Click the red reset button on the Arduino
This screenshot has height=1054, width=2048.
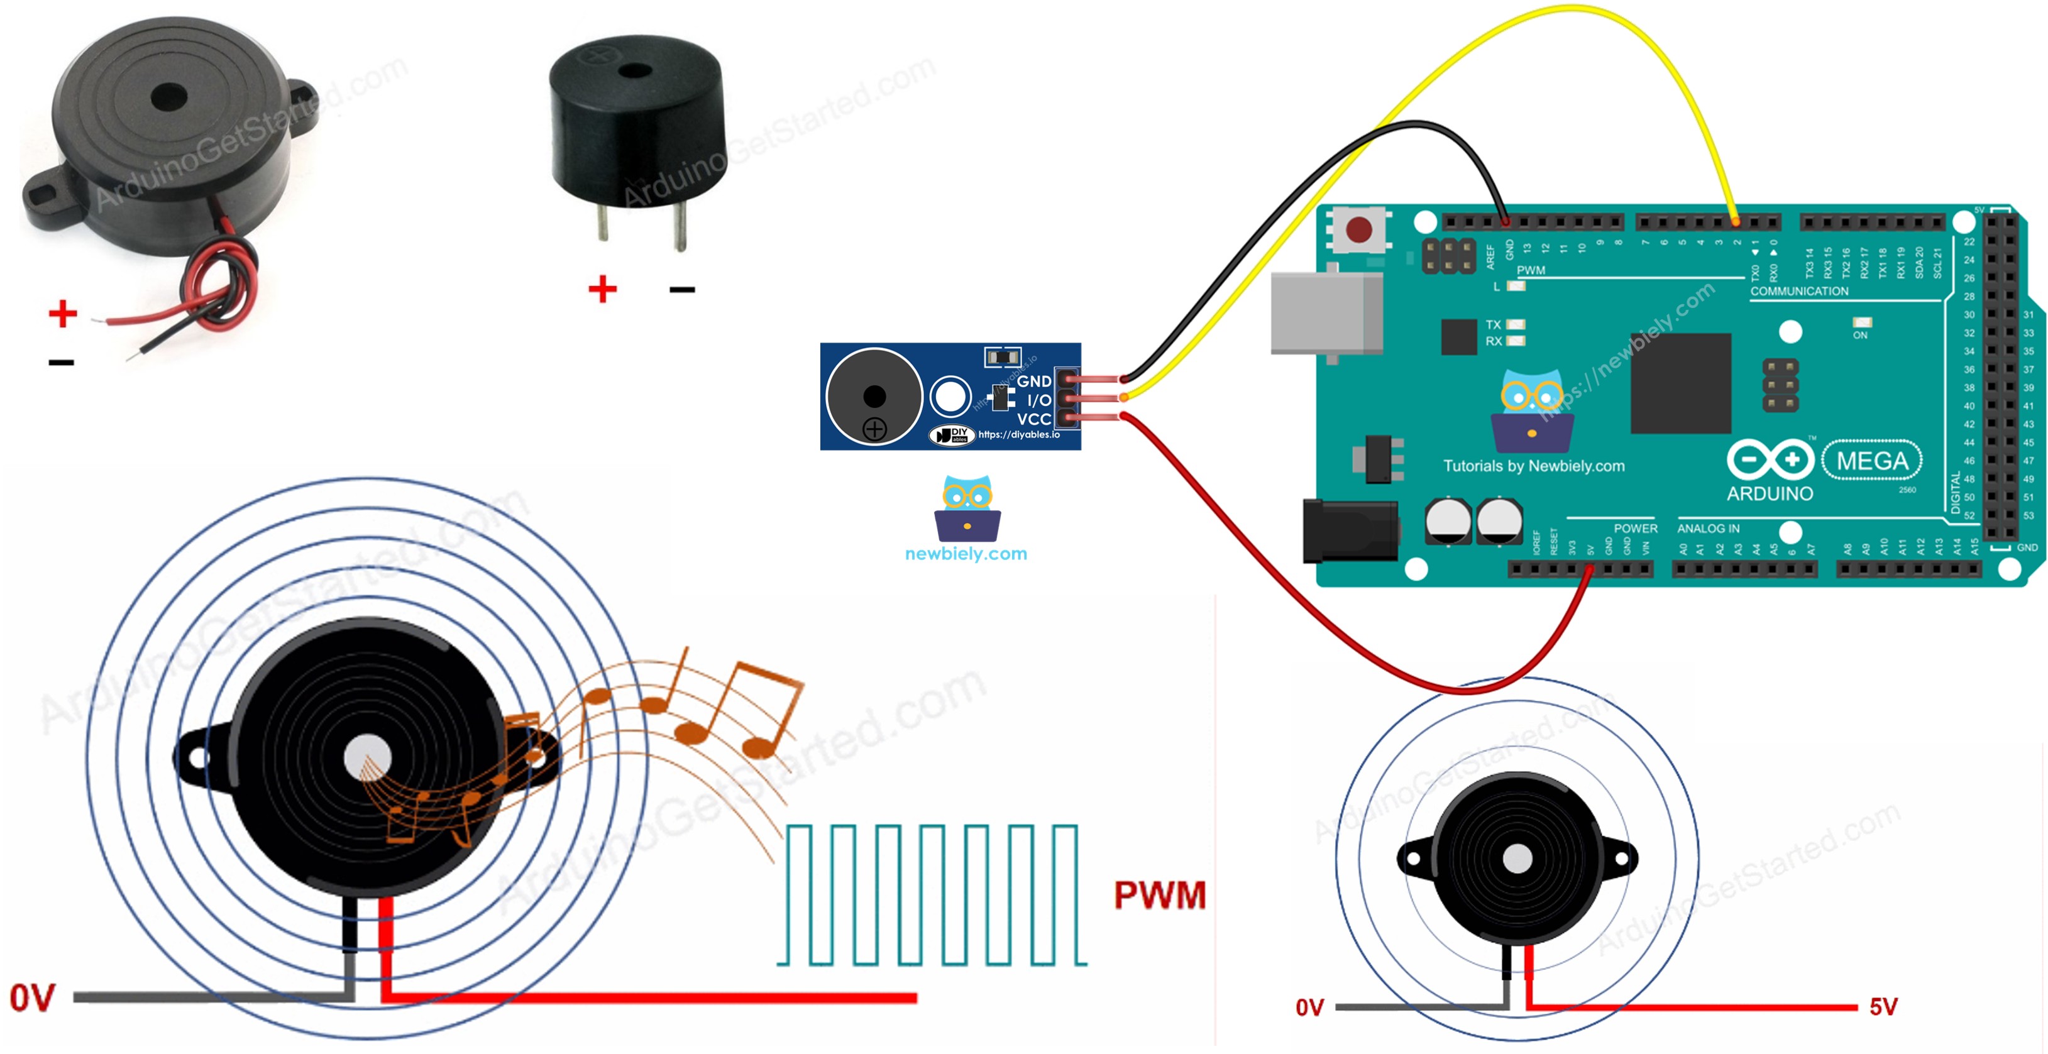pos(1358,230)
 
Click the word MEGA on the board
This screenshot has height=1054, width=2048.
pos(1871,461)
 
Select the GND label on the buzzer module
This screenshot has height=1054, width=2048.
pos(1033,382)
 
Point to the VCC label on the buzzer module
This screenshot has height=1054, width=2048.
pos(1033,419)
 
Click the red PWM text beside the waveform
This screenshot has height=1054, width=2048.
pos(1159,896)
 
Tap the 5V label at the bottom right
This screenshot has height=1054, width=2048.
pos(1883,1007)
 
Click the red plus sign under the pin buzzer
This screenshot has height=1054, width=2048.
pos(602,288)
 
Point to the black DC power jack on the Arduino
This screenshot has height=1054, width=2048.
pos(1349,530)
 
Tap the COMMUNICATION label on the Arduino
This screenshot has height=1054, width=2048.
pos(1799,292)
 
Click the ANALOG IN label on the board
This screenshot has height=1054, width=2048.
pos(1708,529)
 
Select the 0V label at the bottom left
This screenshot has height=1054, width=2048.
pos(32,998)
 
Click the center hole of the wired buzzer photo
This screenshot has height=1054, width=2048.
pos(168,99)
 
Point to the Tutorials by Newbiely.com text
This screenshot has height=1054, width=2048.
pos(1534,466)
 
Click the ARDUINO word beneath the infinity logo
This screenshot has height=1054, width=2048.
pos(1769,493)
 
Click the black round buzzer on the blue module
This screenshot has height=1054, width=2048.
pos(874,396)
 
